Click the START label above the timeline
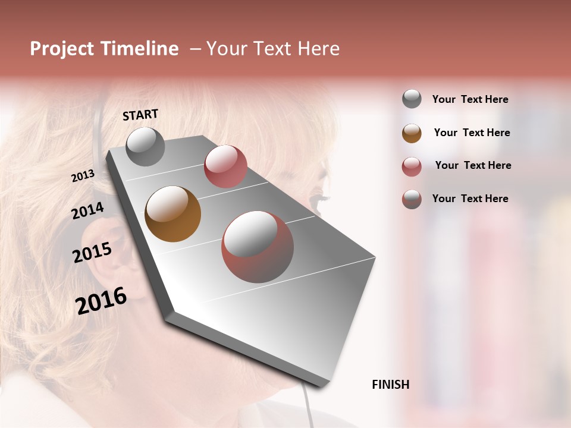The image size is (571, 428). (x=140, y=115)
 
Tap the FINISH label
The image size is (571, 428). (x=390, y=385)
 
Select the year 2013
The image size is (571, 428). (x=83, y=176)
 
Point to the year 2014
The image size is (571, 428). (x=87, y=210)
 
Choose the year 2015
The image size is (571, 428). (x=92, y=253)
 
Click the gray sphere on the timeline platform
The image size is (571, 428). (x=145, y=146)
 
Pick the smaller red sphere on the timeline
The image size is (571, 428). (x=225, y=166)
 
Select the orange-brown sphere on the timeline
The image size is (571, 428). (x=172, y=214)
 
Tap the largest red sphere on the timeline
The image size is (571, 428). (x=258, y=247)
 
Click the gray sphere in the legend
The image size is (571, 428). (x=412, y=99)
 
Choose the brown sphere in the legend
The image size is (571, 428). (x=412, y=133)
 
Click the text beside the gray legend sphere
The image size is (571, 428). (x=470, y=99)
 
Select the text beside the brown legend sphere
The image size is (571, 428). (x=472, y=133)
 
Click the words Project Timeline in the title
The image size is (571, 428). (x=104, y=49)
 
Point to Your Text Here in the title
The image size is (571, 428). (x=272, y=49)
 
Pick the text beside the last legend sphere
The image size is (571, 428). (x=470, y=199)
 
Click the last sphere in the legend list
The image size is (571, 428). (x=412, y=199)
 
